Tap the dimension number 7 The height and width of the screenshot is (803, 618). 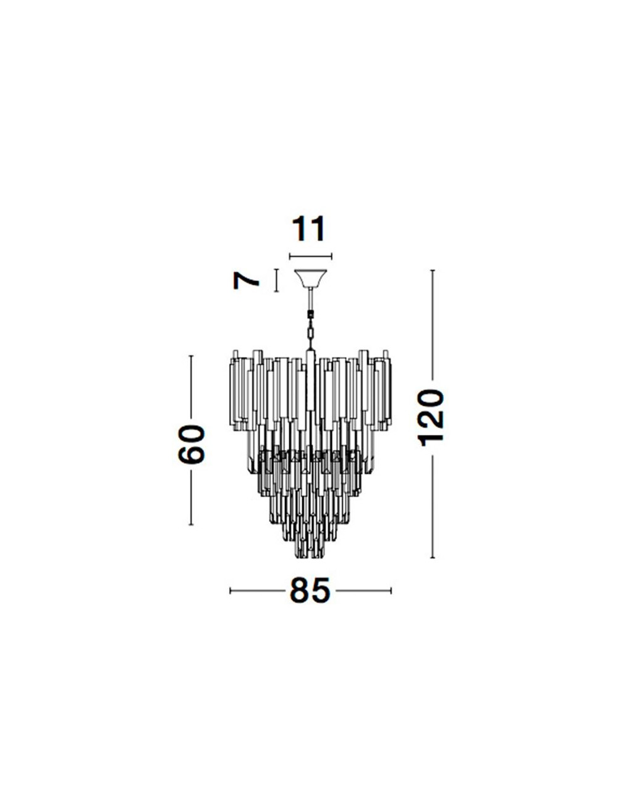click(x=246, y=282)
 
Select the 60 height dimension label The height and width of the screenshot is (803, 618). click(x=192, y=444)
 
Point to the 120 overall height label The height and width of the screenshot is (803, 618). click(x=430, y=418)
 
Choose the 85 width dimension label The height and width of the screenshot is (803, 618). click(x=310, y=591)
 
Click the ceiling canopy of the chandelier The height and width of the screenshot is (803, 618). click(x=310, y=279)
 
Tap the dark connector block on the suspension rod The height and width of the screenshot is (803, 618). click(x=310, y=315)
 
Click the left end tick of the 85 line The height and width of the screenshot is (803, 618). click(x=231, y=591)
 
